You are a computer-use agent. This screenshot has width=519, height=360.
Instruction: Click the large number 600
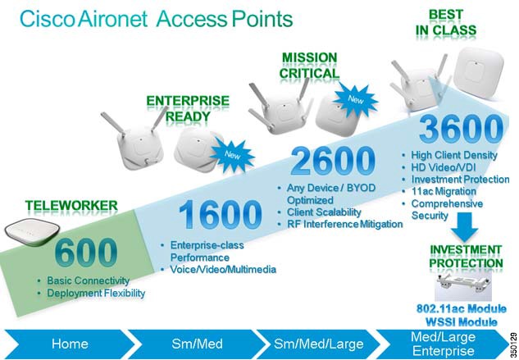click(x=86, y=253)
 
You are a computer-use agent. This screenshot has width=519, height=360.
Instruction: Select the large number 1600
click(x=220, y=214)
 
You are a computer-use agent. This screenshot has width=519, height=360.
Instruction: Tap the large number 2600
click(x=333, y=162)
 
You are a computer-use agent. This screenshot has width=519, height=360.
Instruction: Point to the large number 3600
click(x=461, y=129)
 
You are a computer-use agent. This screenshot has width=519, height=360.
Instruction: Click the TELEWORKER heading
click(x=71, y=206)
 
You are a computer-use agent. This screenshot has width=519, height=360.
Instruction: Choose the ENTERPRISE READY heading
click(x=188, y=108)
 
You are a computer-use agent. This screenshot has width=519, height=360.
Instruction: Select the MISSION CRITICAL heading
click(x=309, y=66)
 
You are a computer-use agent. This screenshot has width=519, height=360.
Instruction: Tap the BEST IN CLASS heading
click(x=446, y=22)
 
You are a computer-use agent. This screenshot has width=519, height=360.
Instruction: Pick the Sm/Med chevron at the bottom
click(x=197, y=344)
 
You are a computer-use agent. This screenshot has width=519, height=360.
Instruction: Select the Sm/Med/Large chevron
click(x=318, y=344)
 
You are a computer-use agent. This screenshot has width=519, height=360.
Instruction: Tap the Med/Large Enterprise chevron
click(x=443, y=344)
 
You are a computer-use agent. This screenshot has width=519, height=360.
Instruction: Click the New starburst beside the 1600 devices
click(x=232, y=155)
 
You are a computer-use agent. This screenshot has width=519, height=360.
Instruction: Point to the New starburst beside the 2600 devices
click(x=356, y=99)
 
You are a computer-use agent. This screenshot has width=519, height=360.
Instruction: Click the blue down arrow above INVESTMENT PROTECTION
click(x=464, y=226)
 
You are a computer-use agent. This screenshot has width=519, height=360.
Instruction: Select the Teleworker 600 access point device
click(x=32, y=230)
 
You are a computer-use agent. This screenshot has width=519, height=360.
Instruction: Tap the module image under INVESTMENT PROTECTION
click(x=463, y=285)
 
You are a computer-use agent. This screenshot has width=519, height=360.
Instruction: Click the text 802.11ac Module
click(x=462, y=309)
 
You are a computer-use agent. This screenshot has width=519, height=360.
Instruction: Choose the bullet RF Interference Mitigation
click(x=344, y=224)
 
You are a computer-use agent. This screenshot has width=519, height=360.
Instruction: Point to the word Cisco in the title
click(x=47, y=19)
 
